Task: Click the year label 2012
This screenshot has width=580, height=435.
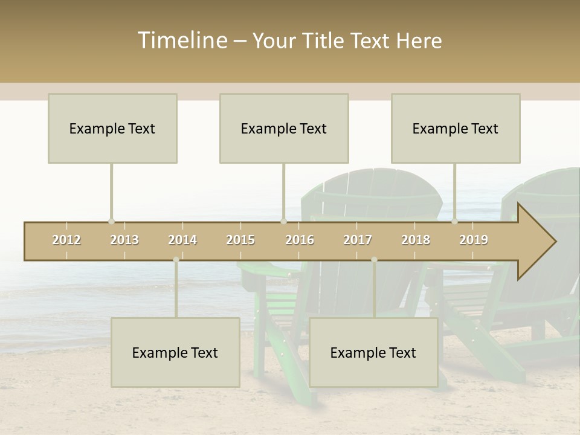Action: coord(66,240)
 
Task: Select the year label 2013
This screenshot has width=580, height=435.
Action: coord(124,240)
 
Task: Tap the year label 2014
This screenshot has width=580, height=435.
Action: coord(182,240)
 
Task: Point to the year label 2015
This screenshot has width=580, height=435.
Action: coord(240,240)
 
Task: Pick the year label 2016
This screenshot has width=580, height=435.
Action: coord(300,240)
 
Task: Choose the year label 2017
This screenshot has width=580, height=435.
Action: coord(358,240)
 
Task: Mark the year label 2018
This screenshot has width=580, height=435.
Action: coord(416,240)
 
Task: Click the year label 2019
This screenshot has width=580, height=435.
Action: coord(474,240)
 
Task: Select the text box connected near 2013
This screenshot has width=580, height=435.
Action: coord(112,128)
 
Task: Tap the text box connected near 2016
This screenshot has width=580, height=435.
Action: coord(284,128)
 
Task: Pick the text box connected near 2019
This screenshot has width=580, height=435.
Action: coord(456,128)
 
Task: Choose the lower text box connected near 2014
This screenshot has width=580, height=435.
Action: coord(175,352)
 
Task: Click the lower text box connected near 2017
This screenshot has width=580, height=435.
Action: coord(373,352)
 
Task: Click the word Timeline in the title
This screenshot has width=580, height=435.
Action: coord(182,40)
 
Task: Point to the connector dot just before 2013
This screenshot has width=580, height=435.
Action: coord(111,221)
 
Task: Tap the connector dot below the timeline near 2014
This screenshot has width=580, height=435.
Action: coord(176,260)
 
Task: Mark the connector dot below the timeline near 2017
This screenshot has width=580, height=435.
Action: coord(374,260)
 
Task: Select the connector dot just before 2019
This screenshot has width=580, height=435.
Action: coord(455,221)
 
